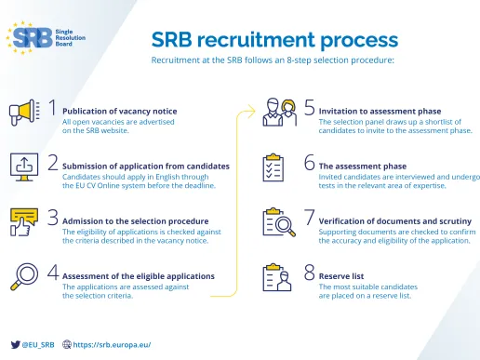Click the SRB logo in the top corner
47,37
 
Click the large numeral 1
53,111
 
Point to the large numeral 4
53,274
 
